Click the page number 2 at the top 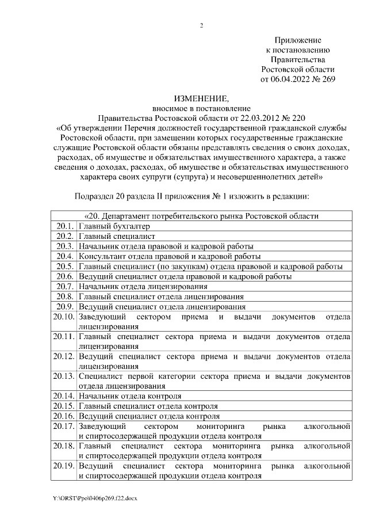(x=201, y=25)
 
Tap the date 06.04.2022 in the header (x=289, y=79)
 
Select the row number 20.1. (x=64, y=226)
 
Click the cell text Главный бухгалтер (x=109, y=226)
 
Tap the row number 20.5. (x=64, y=266)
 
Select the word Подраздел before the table (x=96, y=196)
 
